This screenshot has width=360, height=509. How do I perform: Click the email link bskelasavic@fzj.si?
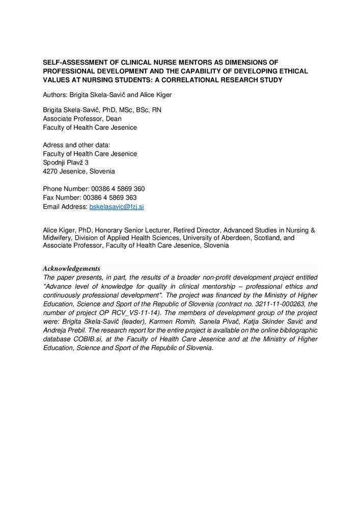point(117,207)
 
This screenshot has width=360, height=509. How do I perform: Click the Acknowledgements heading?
point(71,269)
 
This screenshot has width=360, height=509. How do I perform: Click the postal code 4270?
point(51,172)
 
